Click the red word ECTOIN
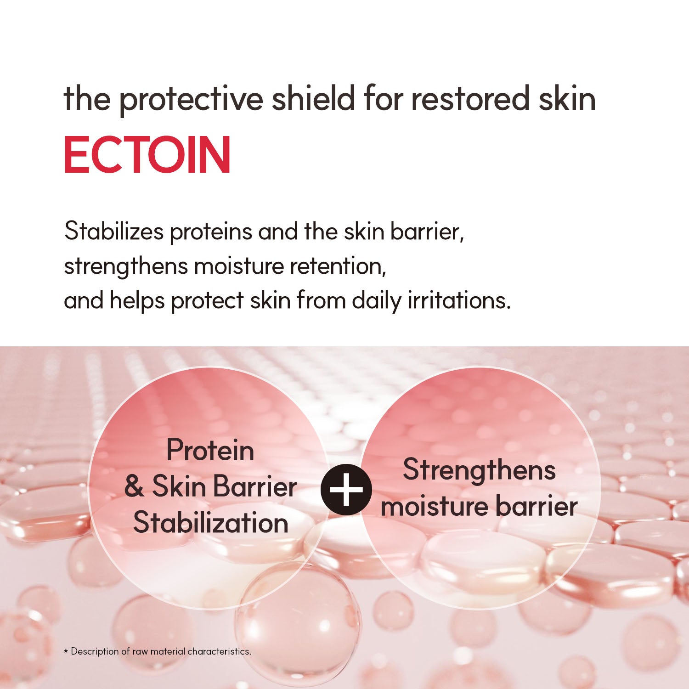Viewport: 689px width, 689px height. click(147, 155)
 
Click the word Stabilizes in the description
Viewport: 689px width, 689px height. click(114, 231)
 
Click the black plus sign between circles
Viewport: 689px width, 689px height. click(346, 490)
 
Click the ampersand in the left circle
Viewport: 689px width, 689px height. click(134, 486)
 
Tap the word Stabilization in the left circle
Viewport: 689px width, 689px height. click(211, 523)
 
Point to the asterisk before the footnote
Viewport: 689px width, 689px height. click(66, 651)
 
